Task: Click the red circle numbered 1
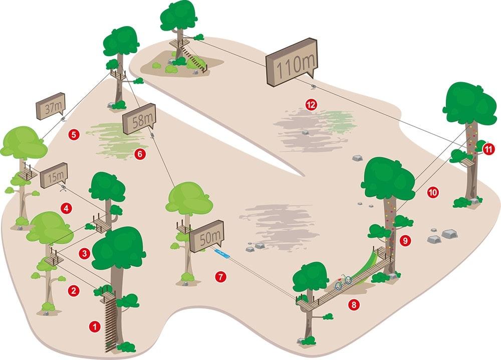point(95,327)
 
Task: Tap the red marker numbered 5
point(74,134)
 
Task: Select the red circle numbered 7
point(221,277)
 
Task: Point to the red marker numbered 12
point(311,105)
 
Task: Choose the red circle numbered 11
point(488,149)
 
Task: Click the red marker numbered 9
point(405,240)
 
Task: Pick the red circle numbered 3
point(84,254)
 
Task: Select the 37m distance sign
point(51,106)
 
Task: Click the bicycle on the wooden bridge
point(343,282)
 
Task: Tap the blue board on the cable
point(222,254)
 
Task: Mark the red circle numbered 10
point(433,192)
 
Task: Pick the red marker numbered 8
point(354,305)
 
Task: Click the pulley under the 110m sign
point(314,86)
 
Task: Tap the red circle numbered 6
point(140,154)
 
